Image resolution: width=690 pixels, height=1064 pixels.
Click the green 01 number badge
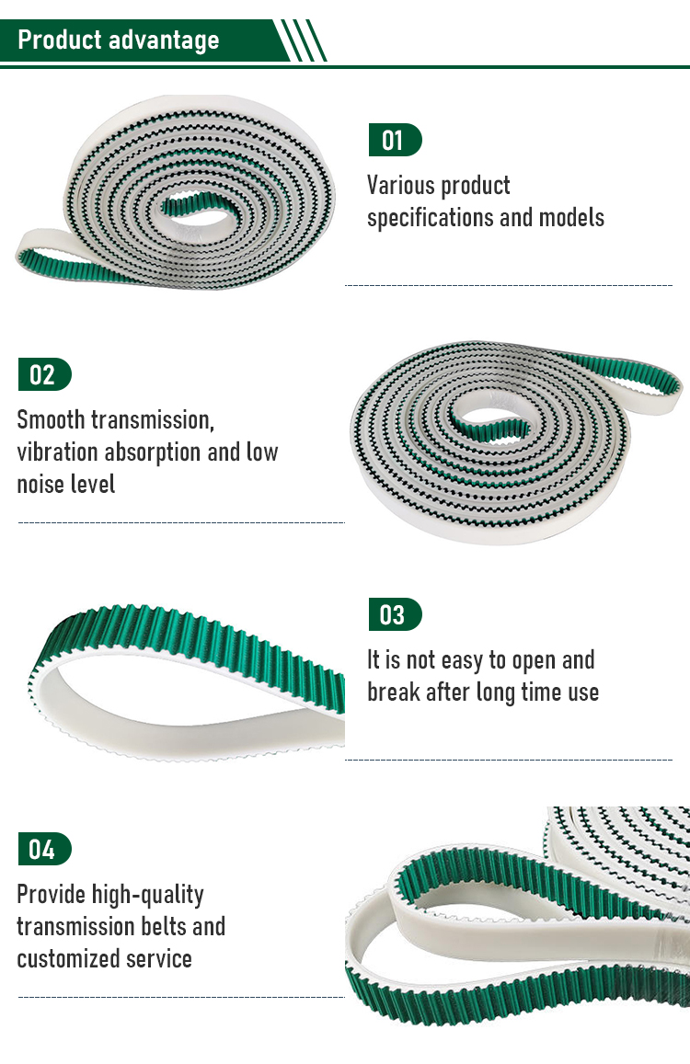(x=395, y=140)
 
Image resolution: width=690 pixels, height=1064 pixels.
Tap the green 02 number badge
(x=44, y=374)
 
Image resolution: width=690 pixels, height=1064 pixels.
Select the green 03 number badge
(x=395, y=615)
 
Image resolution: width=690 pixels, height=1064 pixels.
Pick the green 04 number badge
(x=44, y=849)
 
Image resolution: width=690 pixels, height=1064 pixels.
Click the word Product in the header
(x=60, y=40)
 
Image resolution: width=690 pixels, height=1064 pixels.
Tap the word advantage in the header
(x=164, y=40)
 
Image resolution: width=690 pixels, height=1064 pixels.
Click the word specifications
(x=431, y=219)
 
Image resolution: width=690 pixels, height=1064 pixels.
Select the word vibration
(x=56, y=452)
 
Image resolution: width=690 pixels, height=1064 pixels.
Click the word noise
(x=40, y=485)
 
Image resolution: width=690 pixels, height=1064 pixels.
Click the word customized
(x=61, y=959)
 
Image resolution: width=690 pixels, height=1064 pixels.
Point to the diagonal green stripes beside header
(x=304, y=40)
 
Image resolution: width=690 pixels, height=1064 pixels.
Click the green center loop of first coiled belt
(x=201, y=206)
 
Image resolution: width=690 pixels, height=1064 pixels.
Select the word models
(x=571, y=219)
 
